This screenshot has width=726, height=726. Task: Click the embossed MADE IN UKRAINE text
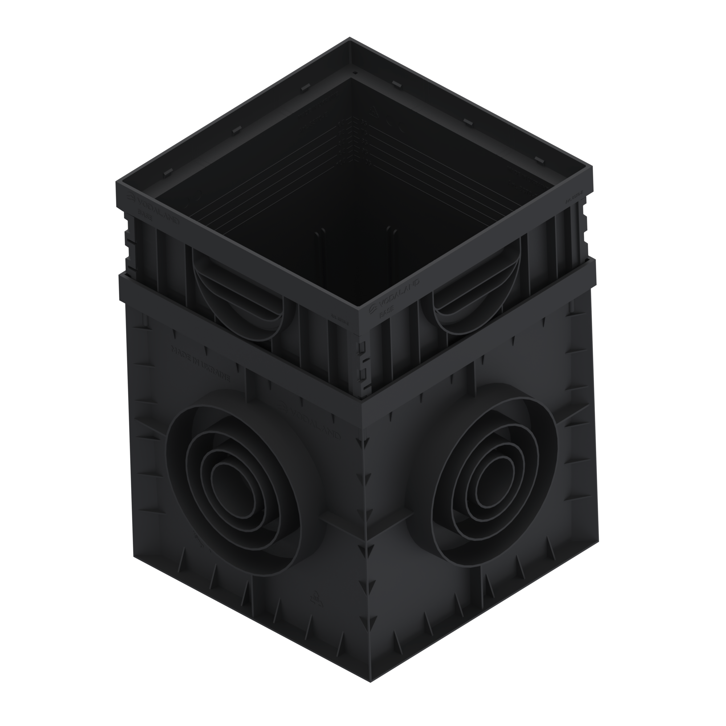pos(201,363)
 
